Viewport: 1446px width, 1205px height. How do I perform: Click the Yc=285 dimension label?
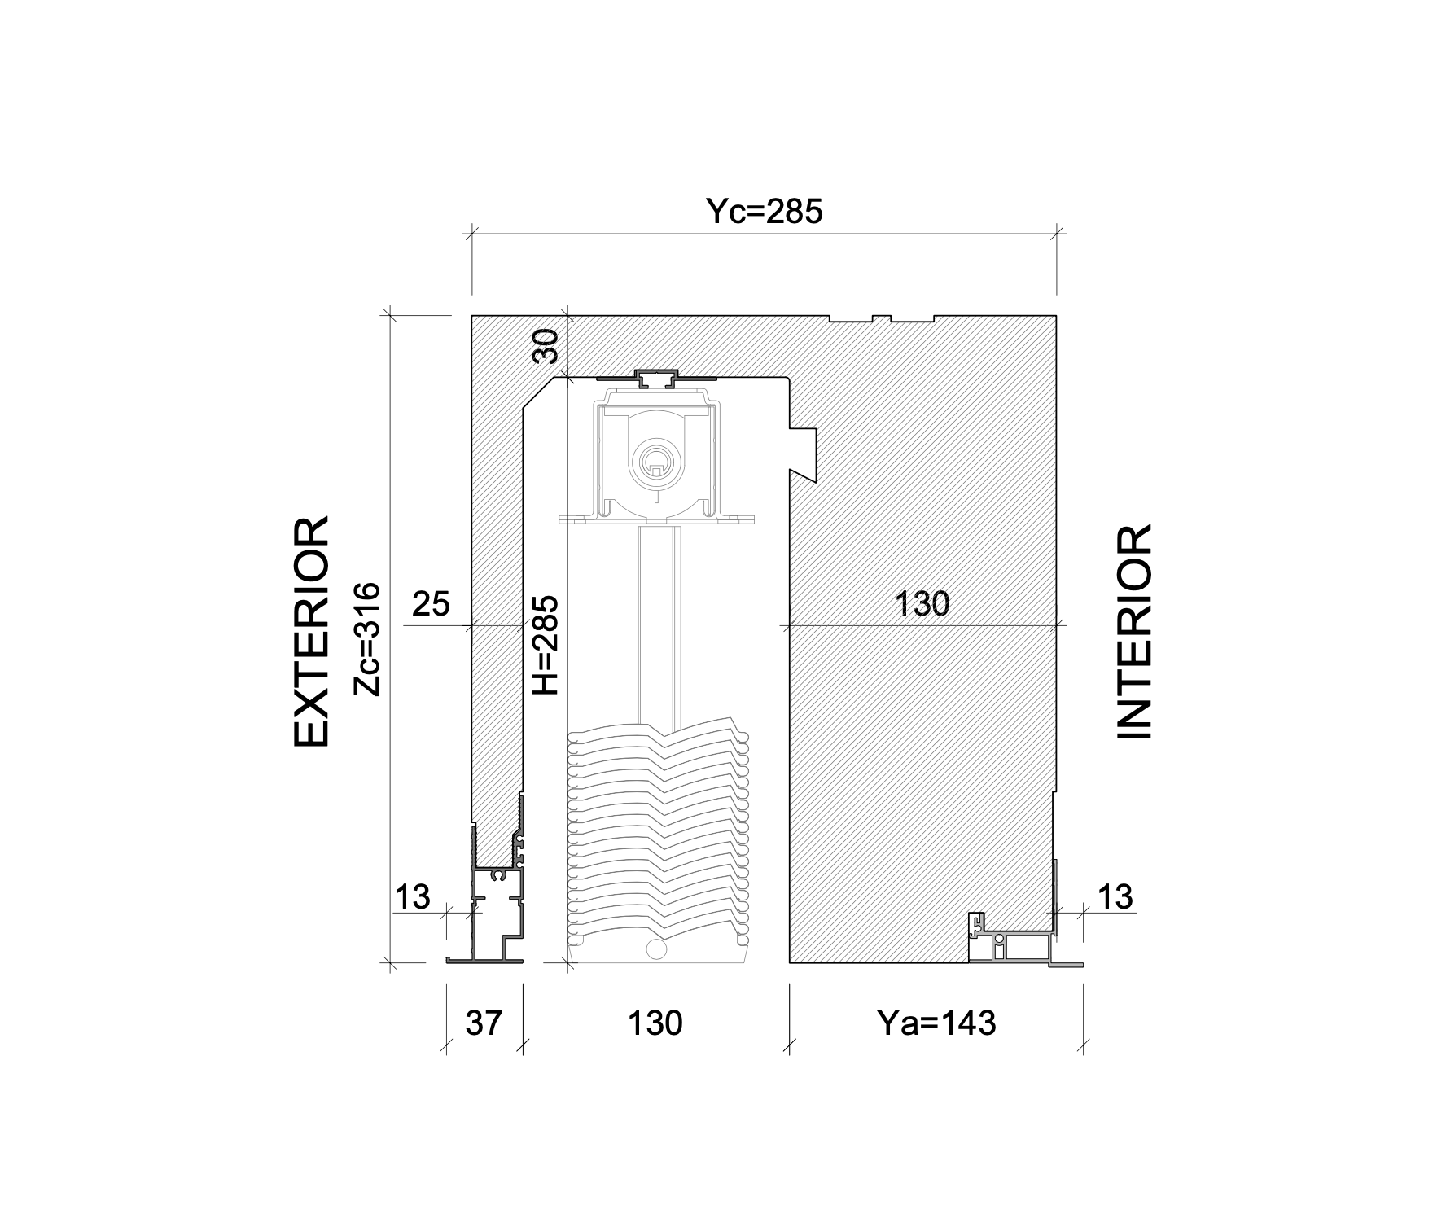764,212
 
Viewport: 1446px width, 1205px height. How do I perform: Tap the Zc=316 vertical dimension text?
368,638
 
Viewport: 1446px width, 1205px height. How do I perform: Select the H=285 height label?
545,645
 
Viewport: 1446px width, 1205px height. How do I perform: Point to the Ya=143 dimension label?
936,1023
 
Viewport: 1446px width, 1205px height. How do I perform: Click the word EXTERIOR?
311,631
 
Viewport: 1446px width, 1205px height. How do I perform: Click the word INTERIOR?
1133,632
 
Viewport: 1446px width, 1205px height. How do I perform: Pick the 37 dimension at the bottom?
484,1023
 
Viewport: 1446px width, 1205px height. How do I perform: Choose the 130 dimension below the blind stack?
655,1023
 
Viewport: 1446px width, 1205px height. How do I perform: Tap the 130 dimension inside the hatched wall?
922,604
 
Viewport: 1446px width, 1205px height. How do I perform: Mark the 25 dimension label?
431,604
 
